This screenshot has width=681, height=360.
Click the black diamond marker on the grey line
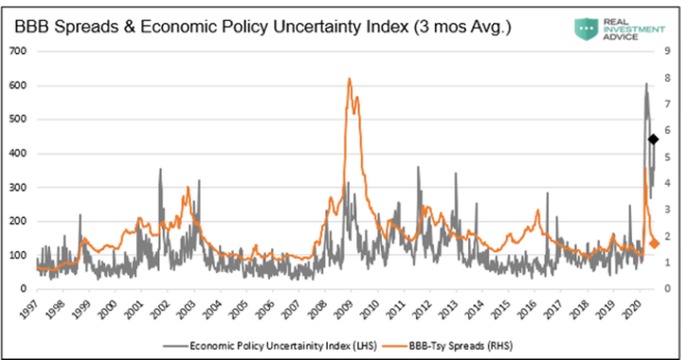coord(652,139)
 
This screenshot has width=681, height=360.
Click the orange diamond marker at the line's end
coord(653,244)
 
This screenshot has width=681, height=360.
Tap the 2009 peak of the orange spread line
coord(349,79)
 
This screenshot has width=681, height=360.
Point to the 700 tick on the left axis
coord(19,52)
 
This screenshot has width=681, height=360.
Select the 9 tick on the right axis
coord(667,52)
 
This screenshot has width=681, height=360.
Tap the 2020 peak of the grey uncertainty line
coord(646,84)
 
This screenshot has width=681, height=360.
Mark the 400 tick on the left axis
coord(19,153)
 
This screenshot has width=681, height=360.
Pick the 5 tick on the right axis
coord(667,157)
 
